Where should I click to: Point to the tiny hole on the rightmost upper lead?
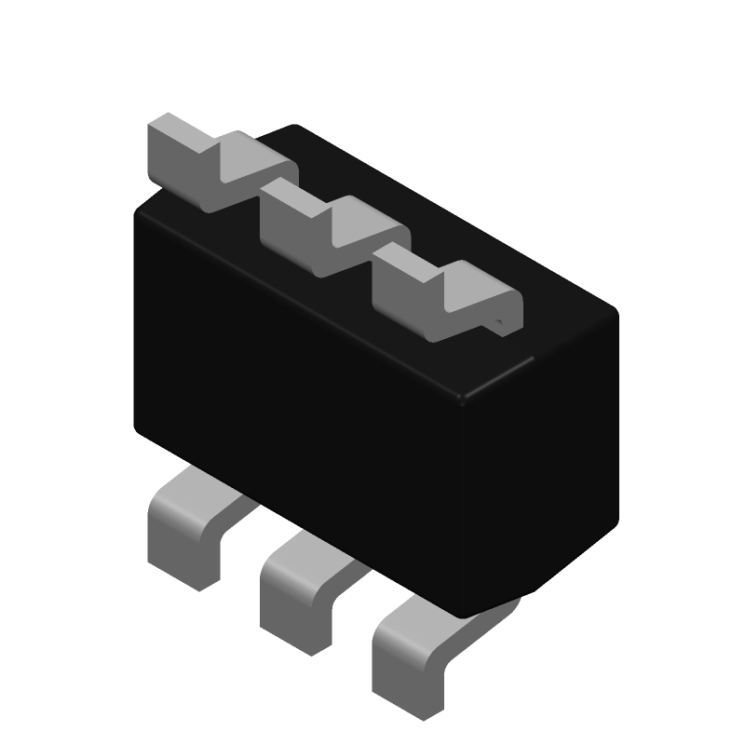point(500,324)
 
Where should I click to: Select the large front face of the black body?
point(298,391)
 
